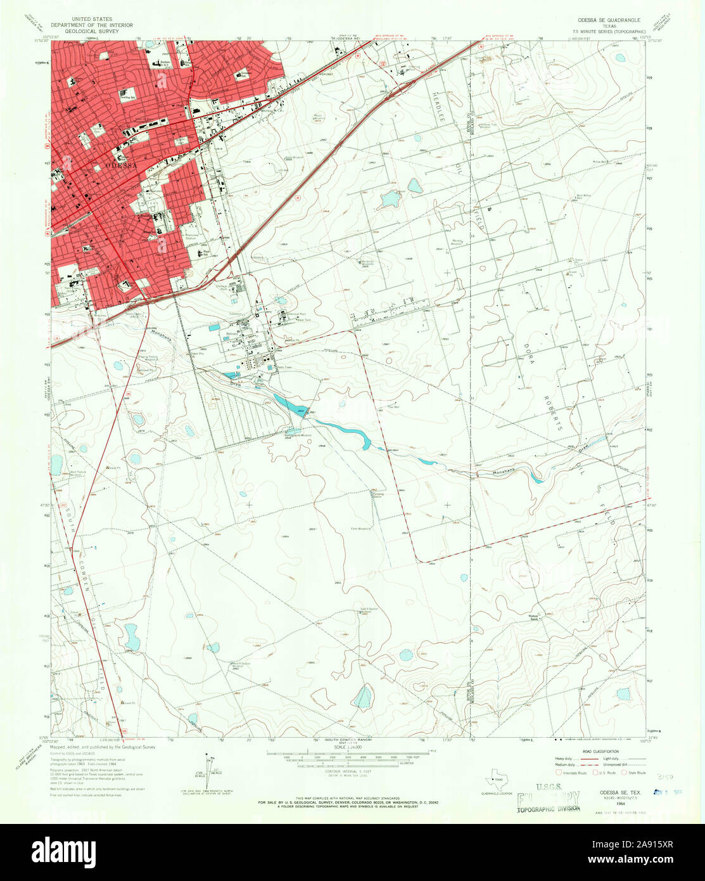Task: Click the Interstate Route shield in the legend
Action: [558, 771]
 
